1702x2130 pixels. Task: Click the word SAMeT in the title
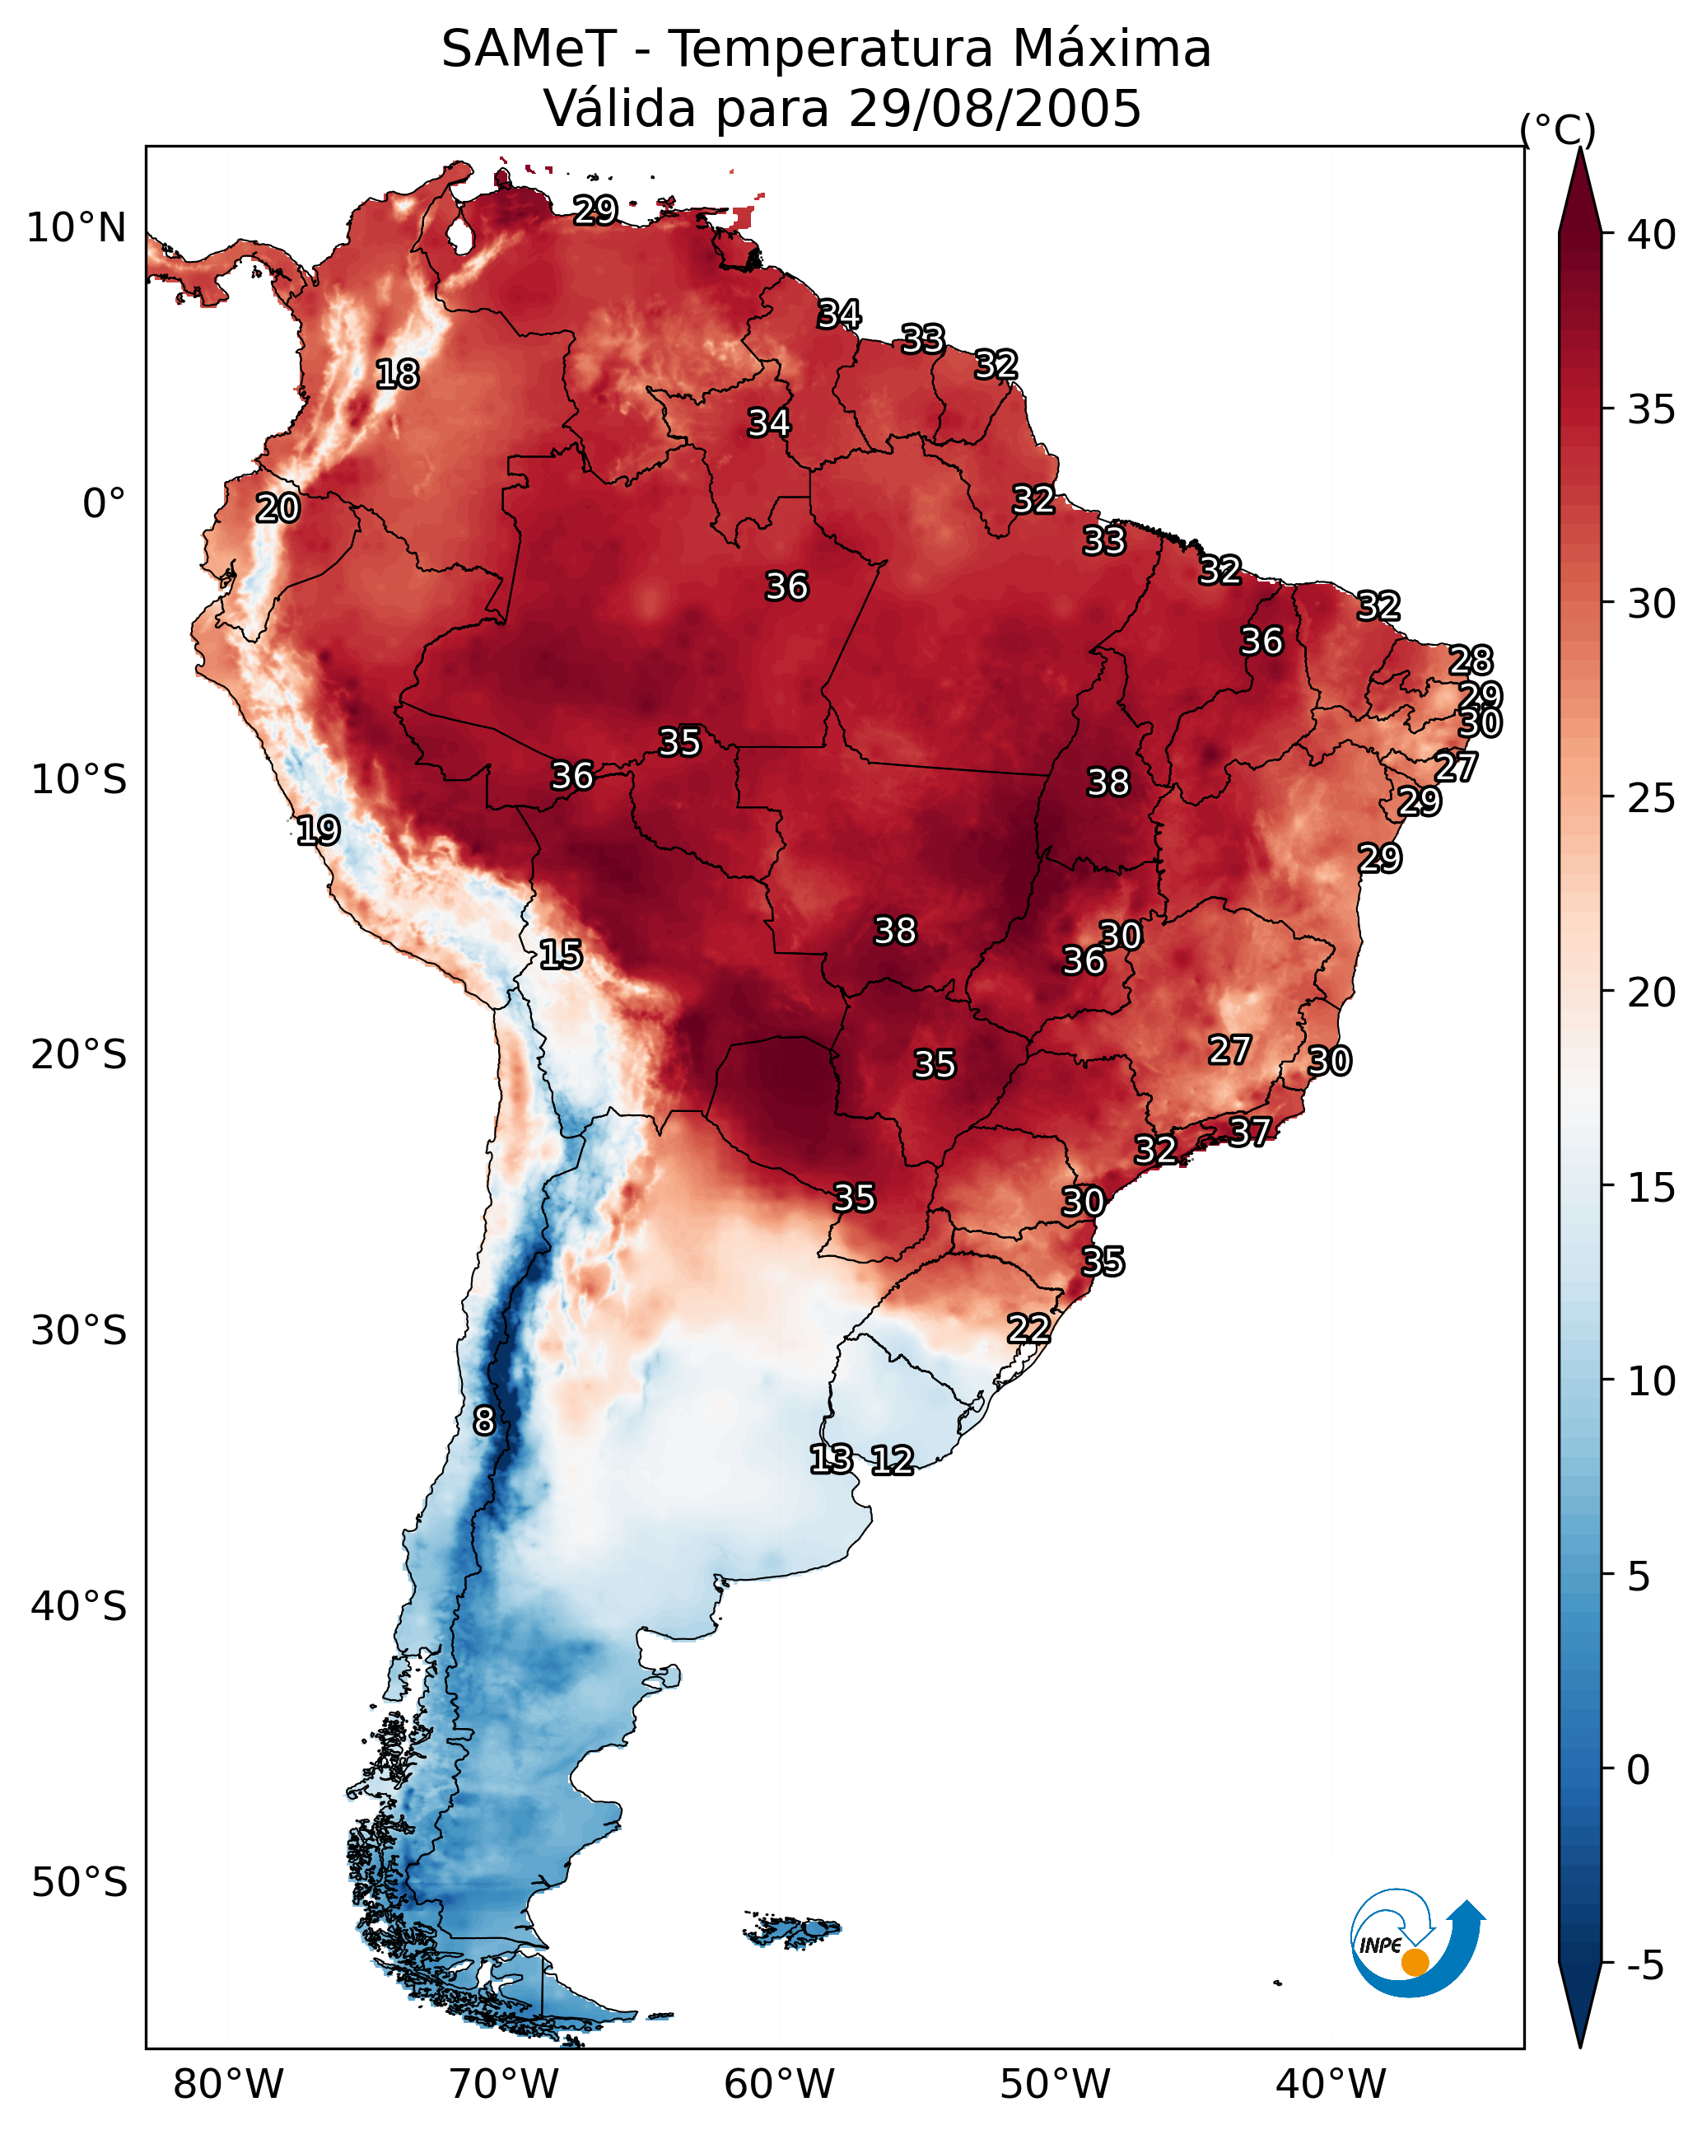(x=529, y=49)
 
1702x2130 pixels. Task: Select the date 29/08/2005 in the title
(x=995, y=109)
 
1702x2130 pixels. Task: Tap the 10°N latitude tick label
(x=76, y=228)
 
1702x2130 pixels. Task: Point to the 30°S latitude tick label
(x=79, y=1331)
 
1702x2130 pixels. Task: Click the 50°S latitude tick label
(x=79, y=1883)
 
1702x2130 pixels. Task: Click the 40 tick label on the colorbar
(x=1652, y=235)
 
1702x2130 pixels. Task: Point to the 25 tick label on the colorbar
(x=1652, y=797)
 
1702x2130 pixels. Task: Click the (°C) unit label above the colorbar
(x=1558, y=129)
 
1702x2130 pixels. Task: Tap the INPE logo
(x=1419, y=1945)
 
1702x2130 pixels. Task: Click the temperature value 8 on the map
(x=484, y=1421)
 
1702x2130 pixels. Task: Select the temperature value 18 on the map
(x=397, y=375)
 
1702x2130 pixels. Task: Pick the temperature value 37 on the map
(x=1250, y=1131)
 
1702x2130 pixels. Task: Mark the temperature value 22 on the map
(x=1028, y=1328)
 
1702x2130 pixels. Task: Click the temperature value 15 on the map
(x=561, y=955)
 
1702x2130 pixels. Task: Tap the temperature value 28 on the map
(x=1471, y=660)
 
